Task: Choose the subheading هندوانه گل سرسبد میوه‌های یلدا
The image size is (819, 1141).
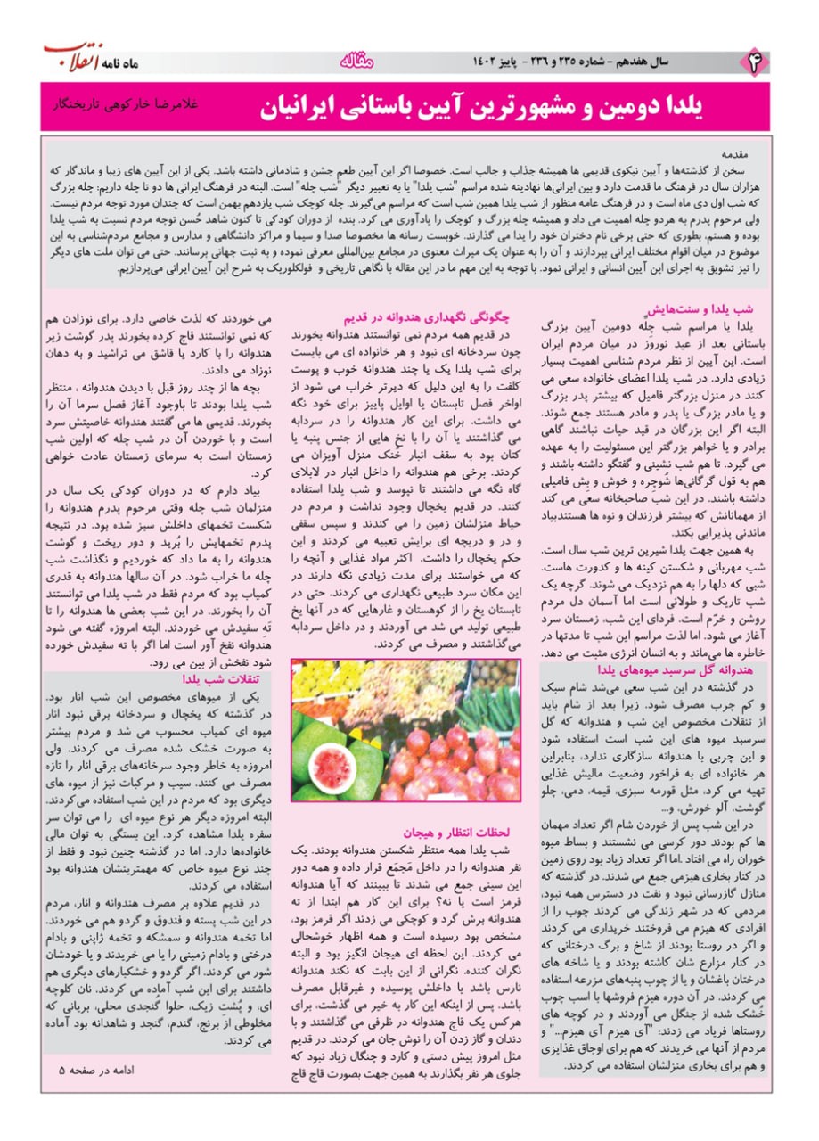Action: [x=677, y=668]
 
